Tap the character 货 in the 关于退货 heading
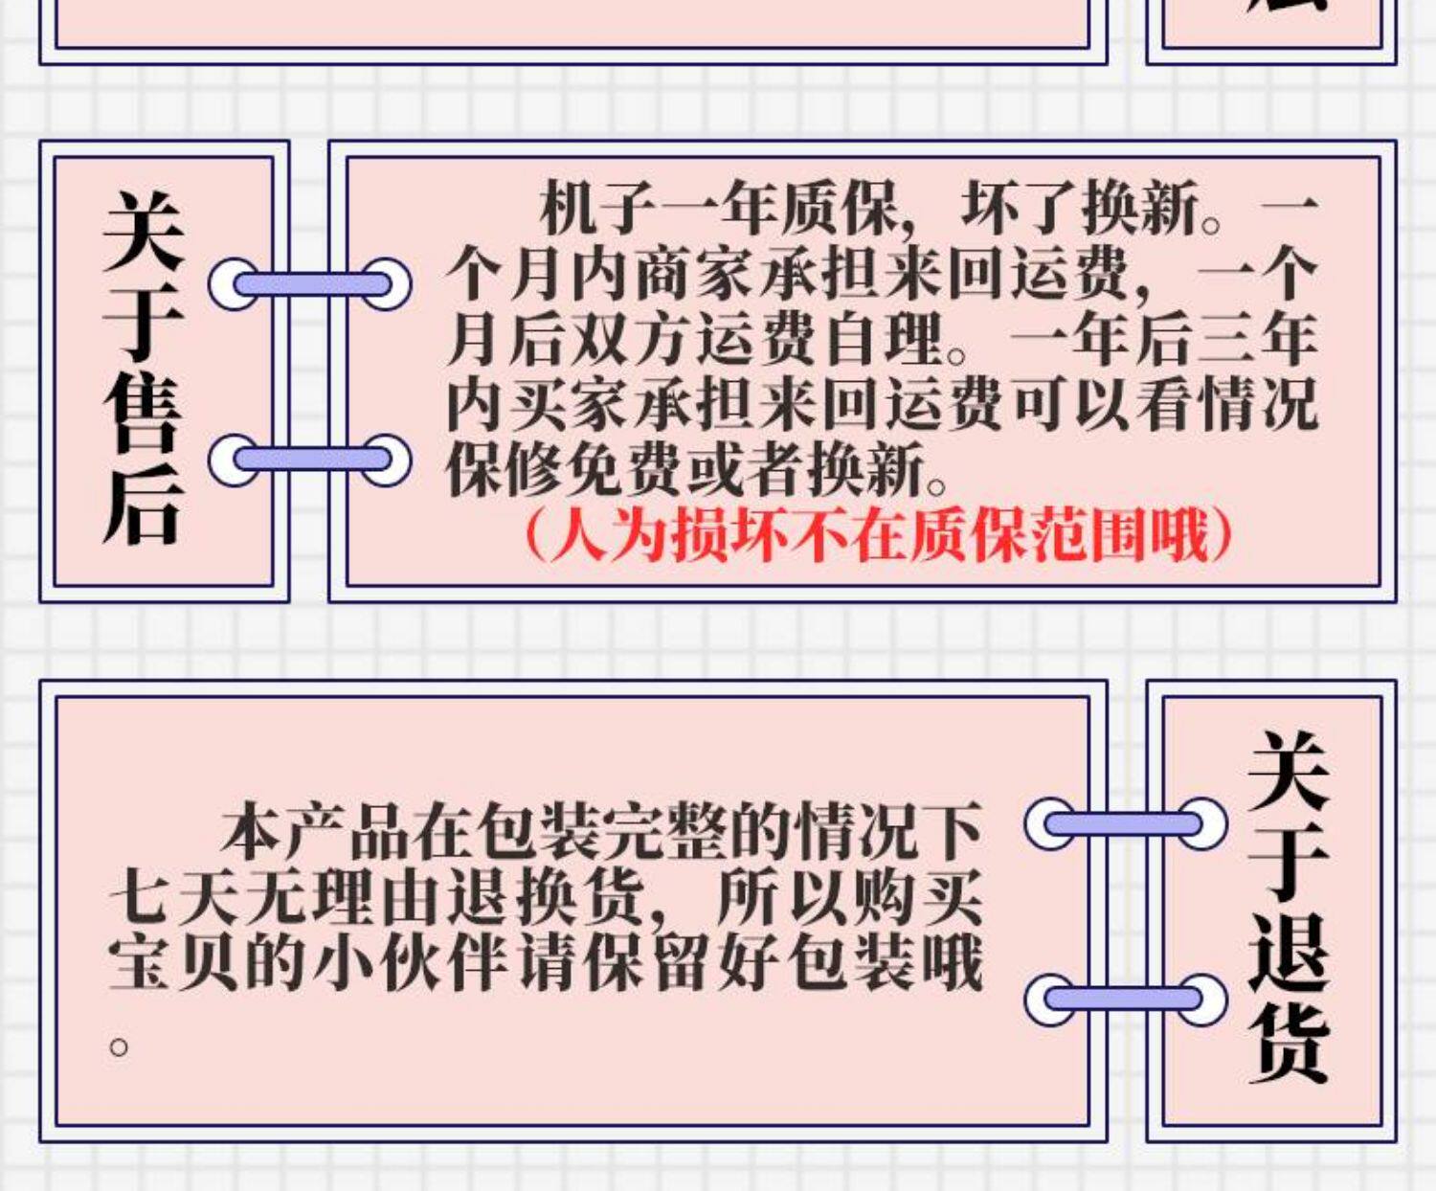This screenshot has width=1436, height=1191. pos(1288,1043)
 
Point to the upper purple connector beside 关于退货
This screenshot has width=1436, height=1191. pos(1126,823)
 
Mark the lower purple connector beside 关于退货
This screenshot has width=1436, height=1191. pos(1126,1000)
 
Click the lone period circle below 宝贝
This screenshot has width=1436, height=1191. pos(119,1047)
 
